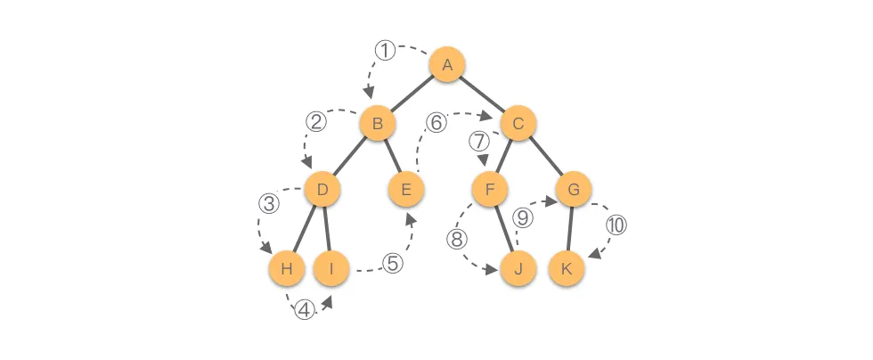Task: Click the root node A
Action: (x=447, y=65)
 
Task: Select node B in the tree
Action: (x=378, y=125)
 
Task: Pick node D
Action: (x=322, y=189)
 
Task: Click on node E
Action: (x=406, y=189)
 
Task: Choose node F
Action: (x=489, y=189)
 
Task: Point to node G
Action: (x=574, y=189)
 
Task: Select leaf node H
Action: (x=286, y=267)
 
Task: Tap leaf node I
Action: (x=330, y=267)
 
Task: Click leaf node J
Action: (x=518, y=267)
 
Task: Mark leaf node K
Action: (x=566, y=267)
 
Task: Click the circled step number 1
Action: (x=384, y=51)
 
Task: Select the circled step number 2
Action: (x=315, y=120)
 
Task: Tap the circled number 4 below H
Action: (x=305, y=310)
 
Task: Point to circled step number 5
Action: (x=392, y=265)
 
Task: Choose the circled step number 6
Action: (x=436, y=123)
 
